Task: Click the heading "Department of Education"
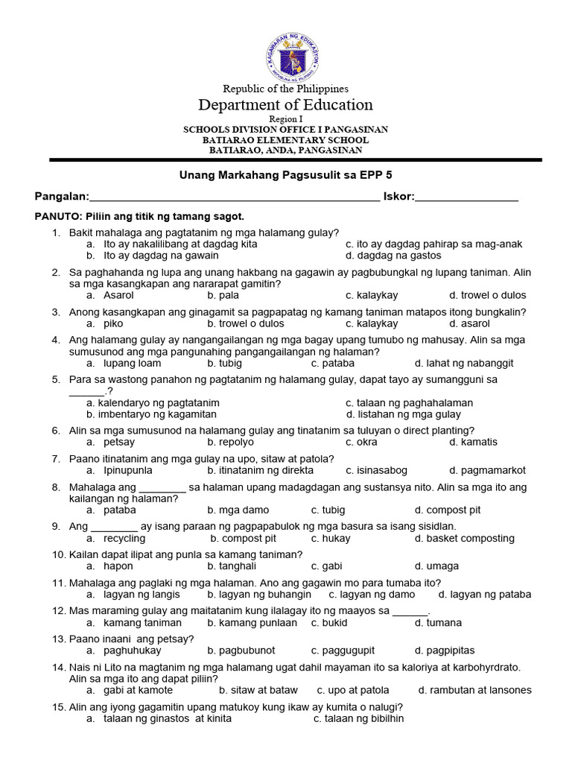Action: point(285,104)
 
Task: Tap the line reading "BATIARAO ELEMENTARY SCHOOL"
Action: point(285,139)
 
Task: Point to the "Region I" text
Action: point(285,119)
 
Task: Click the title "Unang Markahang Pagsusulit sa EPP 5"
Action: point(285,174)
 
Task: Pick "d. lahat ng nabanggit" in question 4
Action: point(464,363)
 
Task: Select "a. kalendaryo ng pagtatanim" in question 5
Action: point(153,402)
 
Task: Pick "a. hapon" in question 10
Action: point(104,566)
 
